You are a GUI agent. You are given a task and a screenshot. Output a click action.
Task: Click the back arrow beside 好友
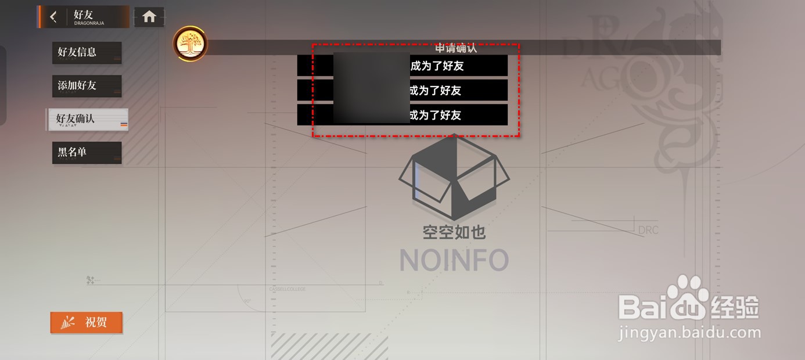click(53, 17)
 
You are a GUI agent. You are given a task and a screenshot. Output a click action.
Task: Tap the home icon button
click(149, 17)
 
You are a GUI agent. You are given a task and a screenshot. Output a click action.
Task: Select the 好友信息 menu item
click(87, 52)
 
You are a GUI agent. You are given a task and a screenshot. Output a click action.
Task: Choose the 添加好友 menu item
click(87, 86)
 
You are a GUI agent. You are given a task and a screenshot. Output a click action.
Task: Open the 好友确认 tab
click(87, 119)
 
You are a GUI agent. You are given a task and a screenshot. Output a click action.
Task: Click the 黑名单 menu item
click(87, 152)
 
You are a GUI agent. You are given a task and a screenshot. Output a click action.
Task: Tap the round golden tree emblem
click(190, 44)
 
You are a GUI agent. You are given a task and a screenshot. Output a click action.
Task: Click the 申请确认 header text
click(456, 48)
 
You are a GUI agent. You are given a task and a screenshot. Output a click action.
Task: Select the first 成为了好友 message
click(437, 66)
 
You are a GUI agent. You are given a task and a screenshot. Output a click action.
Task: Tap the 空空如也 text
click(454, 232)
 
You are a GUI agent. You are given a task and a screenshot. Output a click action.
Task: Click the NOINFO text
click(454, 260)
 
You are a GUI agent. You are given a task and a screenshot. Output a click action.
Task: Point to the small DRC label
click(648, 230)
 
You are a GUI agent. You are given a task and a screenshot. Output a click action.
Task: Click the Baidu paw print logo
click(687, 297)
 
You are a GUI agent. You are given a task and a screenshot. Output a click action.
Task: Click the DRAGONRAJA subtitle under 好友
click(89, 24)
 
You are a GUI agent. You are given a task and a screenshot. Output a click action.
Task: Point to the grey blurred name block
click(372, 88)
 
